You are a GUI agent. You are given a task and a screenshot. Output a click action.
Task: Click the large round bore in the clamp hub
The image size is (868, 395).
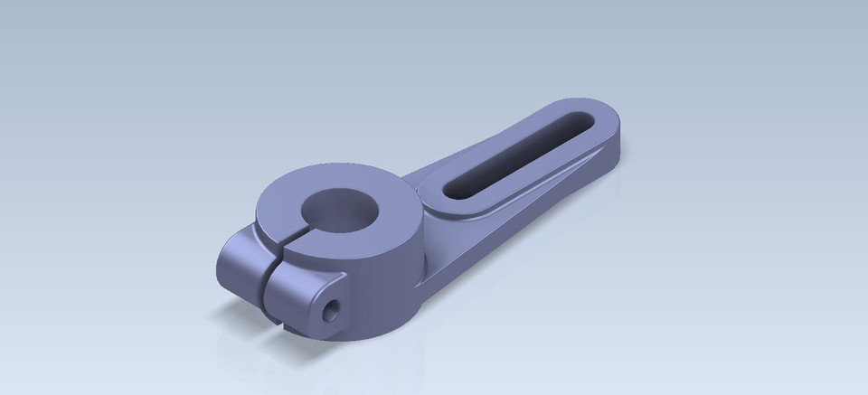pos(336,209)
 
